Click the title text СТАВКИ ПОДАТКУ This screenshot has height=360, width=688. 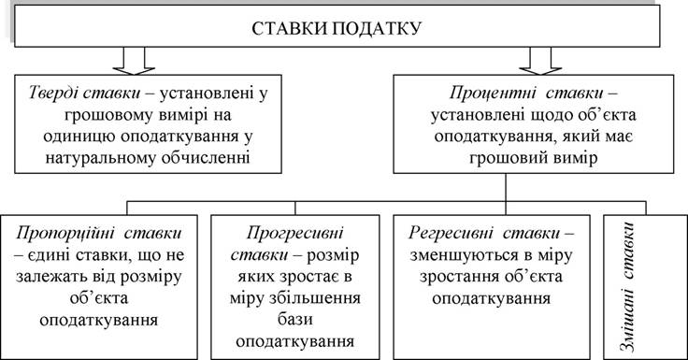pos(337,29)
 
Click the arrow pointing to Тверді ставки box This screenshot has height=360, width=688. pos(134,61)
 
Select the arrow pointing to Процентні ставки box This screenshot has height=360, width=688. pos(540,61)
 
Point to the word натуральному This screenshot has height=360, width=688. pos(100,158)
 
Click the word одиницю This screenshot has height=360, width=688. pos(79,137)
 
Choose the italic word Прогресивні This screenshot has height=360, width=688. pos(294,233)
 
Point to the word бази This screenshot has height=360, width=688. pos(294,320)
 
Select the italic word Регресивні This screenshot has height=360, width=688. pos(451,233)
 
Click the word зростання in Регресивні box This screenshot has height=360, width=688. pos(457,278)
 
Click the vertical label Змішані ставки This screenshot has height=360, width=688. pos(629,287)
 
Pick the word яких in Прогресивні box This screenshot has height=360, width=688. pos(255,277)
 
